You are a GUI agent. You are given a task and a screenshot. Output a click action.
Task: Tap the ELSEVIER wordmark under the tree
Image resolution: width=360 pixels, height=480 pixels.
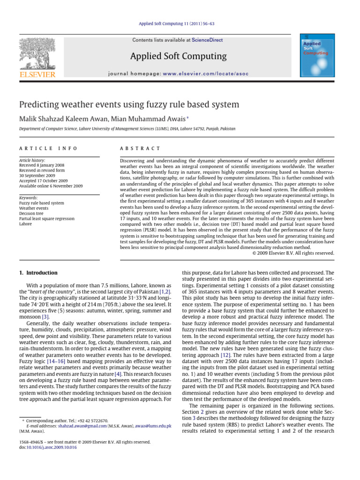(37, 74)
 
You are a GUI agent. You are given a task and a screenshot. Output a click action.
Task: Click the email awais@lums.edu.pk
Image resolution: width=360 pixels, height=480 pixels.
(153, 426)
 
